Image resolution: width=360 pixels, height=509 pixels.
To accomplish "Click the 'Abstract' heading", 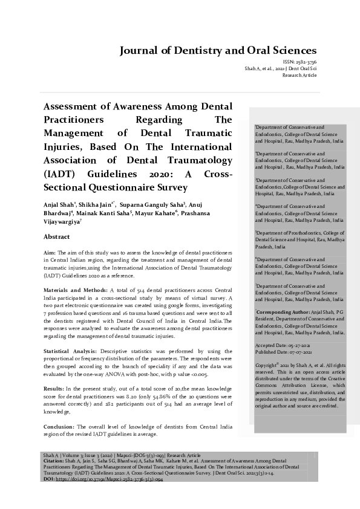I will tap(56, 237).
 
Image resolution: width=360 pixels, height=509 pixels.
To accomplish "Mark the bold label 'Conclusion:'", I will tap(59, 427).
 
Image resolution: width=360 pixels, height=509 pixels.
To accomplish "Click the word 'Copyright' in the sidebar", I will tap(266, 366).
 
